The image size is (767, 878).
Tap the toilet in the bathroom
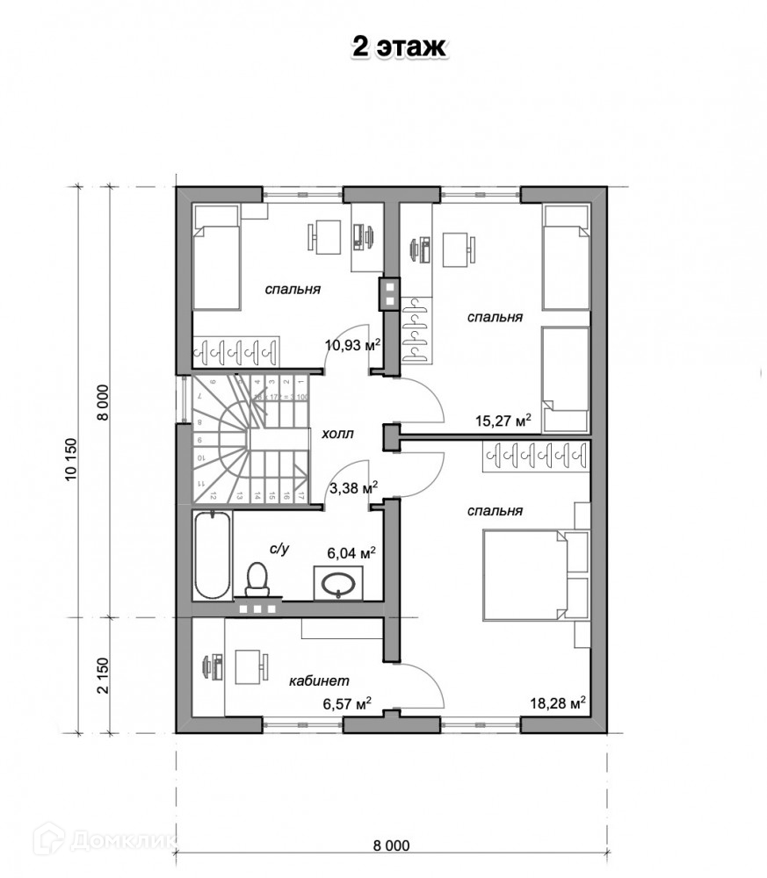[257, 579]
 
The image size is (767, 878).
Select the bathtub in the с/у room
[212, 555]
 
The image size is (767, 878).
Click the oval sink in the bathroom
[338, 581]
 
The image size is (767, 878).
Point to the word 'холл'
[337, 434]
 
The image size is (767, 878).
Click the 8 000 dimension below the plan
[391, 846]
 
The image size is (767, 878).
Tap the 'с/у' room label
[279, 549]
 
